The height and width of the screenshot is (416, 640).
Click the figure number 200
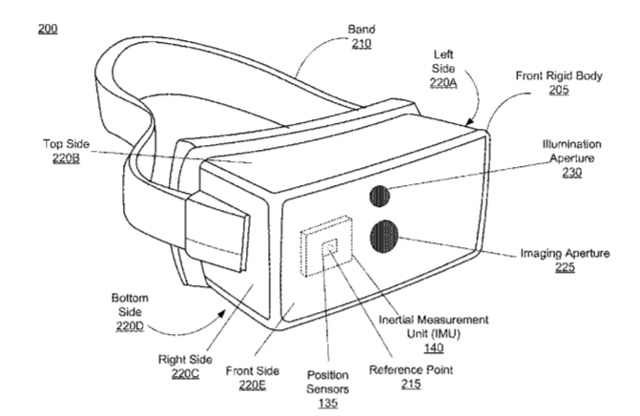tap(48, 29)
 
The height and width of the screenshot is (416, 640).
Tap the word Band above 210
tap(361, 30)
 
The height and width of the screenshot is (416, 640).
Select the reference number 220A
tap(444, 83)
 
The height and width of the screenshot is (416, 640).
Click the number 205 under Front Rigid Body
tap(559, 90)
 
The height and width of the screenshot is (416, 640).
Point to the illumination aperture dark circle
tap(380, 196)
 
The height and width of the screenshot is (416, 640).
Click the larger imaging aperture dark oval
tap(384, 236)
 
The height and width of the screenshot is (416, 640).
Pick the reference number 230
tap(572, 173)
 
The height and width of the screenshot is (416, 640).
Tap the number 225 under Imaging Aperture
tap(565, 267)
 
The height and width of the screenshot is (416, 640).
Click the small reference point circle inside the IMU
tap(331, 246)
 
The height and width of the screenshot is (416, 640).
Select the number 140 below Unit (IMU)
tap(433, 348)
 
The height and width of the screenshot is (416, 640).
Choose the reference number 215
tap(411, 385)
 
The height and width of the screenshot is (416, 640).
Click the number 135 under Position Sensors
tap(328, 403)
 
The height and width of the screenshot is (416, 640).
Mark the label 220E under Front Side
tap(253, 385)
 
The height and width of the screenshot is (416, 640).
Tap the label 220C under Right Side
tap(185, 374)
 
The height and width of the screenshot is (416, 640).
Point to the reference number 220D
tap(130, 326)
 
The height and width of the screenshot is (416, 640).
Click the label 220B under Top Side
tap(66, 158)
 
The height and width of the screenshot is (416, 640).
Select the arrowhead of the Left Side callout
tap(469, 121)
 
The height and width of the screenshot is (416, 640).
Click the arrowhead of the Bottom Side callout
tap(221, 313)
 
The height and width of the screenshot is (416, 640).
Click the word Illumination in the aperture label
tap(571, 144)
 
